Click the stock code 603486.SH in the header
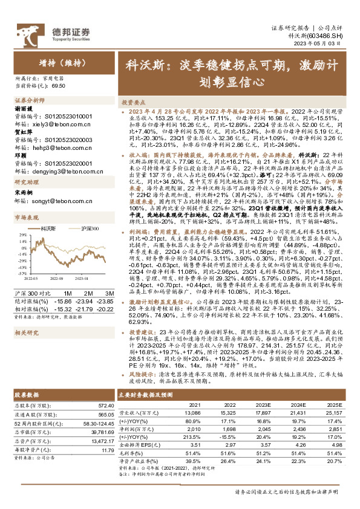coord(327,36)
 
